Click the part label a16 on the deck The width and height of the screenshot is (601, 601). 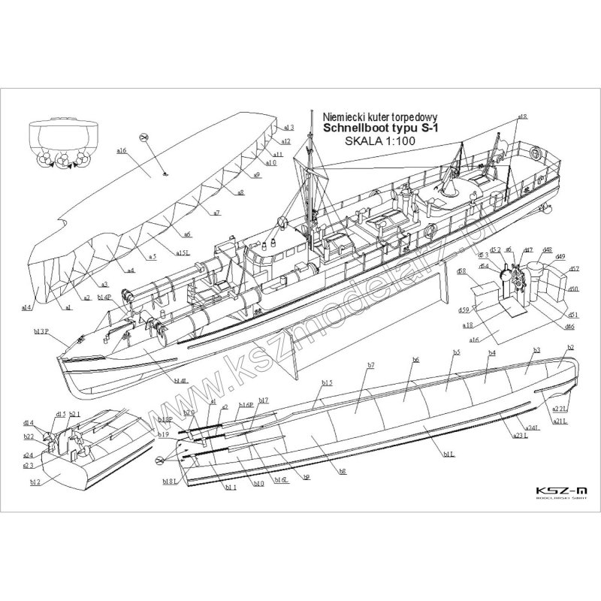click(121, 151)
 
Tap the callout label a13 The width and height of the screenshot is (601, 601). click(289, 128)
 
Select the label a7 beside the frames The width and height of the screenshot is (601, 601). click(216, 213)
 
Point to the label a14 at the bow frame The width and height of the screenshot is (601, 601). click(26, 307)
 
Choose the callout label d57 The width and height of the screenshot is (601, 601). click(574, 269)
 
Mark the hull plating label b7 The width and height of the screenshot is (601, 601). click(371, 365)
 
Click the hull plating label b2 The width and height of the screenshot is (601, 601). click(570, 347)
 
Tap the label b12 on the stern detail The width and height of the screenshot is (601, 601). click(35, 482)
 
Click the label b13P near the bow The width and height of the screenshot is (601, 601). click(41, 331)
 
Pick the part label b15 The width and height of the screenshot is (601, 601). click(326, 383)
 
